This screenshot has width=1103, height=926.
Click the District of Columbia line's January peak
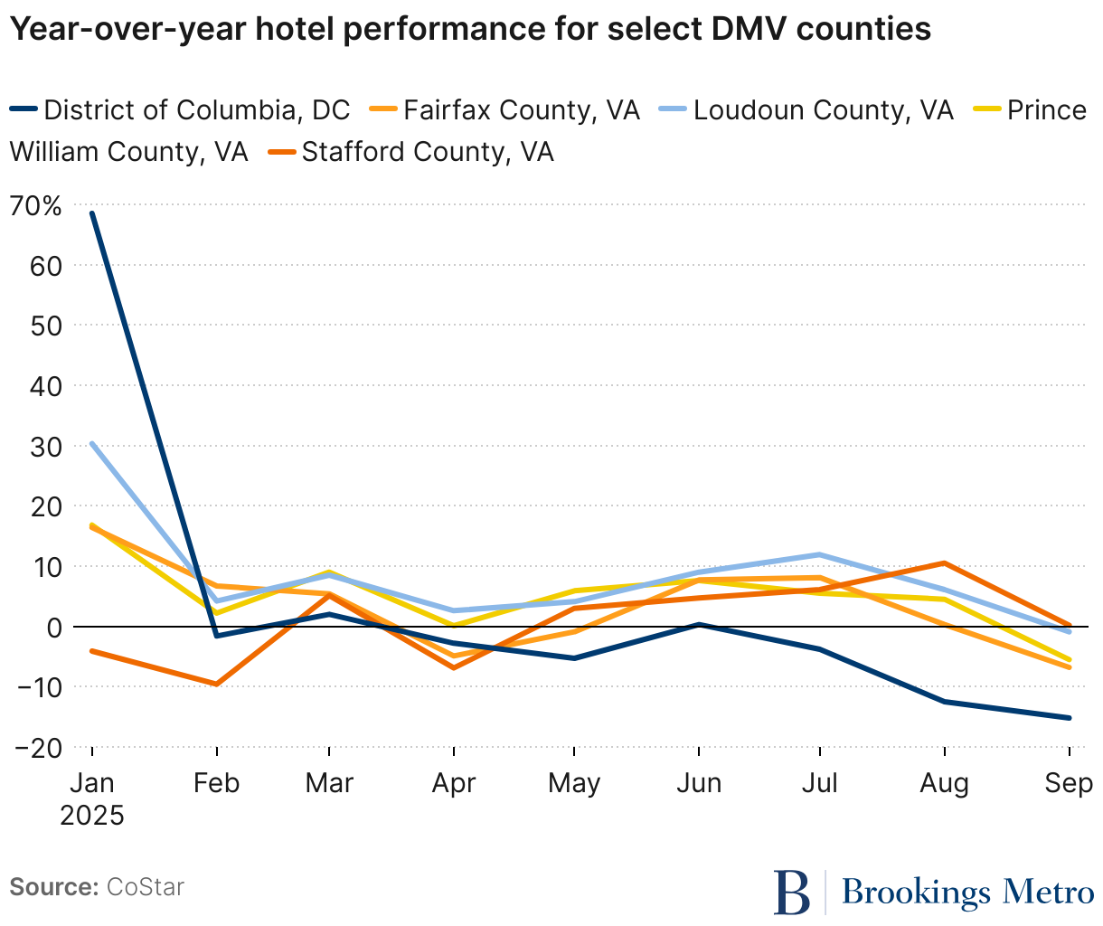(92, 213)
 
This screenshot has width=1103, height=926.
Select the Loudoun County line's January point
(92, 444)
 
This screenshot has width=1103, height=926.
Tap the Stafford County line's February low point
(216, 684)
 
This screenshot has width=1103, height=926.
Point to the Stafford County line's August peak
(944, 563)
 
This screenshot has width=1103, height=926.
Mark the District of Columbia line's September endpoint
(1070, 718)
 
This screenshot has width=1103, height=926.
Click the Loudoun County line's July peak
(819, 554)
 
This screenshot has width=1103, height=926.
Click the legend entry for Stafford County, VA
(427, 151)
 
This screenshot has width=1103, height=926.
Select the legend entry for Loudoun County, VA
(823, 110)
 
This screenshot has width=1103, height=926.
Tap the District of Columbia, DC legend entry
(196, 110)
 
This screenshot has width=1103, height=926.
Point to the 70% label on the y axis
(36, 206)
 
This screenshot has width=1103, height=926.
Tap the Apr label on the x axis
(453, 782)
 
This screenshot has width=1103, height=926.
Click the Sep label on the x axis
(1068, 782)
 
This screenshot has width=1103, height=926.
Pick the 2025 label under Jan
(92, 815)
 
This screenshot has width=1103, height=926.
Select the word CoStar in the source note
(145, 887)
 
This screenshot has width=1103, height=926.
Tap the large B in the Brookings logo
(793, 893)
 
